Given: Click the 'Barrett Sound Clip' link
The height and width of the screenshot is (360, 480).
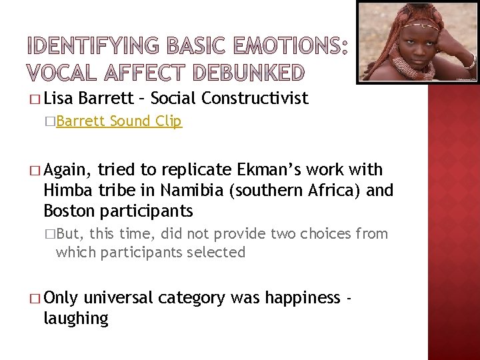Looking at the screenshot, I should click(x=119, y=122).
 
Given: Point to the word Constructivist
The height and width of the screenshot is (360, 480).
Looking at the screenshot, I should click(x=255, y=99).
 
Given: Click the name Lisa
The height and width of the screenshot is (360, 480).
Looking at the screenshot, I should click(x=59, y=99).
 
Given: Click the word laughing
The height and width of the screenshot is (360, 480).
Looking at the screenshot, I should click(x=75, y=319).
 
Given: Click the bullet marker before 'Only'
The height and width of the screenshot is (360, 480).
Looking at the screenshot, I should click(x=35, y=299).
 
